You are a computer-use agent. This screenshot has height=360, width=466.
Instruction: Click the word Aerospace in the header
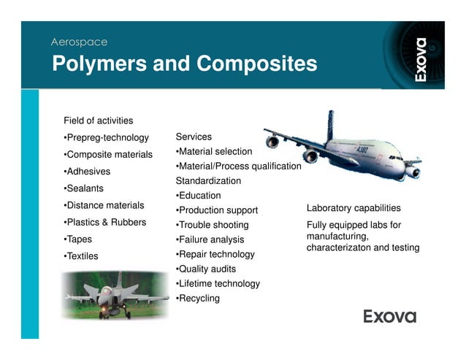coord(79,42)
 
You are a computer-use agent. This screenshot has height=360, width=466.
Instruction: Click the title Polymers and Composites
coord(184,64)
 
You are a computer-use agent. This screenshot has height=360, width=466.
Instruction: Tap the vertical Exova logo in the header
coord(420,58)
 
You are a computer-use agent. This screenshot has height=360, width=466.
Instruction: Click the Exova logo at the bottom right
coord(390,316)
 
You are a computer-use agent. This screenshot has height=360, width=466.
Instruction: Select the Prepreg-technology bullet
coord(107,137)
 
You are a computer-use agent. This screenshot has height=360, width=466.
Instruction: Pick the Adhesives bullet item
coord(87,172)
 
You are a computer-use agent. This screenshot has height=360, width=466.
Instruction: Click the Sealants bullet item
coord(84,188)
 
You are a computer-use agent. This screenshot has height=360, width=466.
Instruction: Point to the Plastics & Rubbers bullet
coord(105,222)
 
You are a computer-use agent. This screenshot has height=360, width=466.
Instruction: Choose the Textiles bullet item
coord(83,256)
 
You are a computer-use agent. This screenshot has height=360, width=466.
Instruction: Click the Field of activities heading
coord(99,120)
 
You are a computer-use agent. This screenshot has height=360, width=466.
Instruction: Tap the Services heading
coord(194,137)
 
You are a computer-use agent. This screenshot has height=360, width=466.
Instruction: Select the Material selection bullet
coord(214,151)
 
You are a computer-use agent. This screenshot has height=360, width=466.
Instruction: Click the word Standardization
coord(208,180)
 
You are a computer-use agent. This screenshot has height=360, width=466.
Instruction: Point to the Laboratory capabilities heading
coord(354,208)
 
